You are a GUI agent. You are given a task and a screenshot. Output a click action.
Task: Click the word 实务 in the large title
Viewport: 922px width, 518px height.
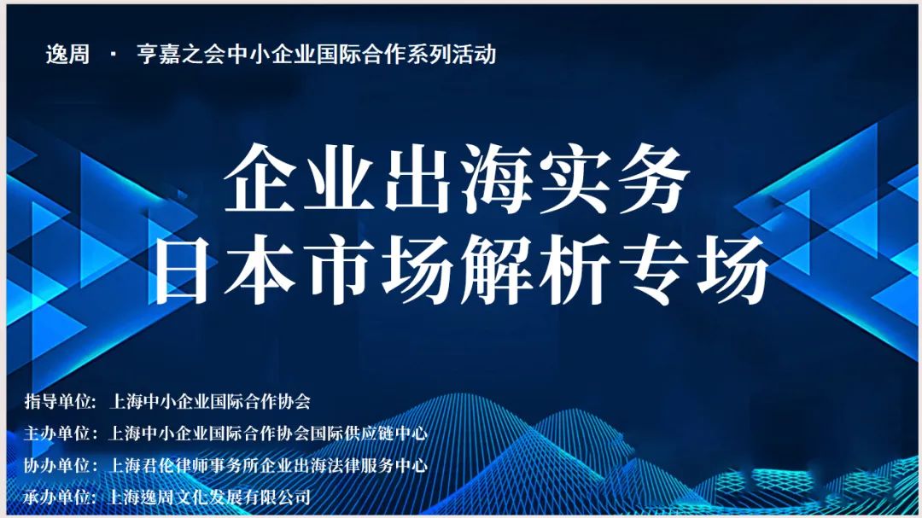pyautogui.click(x=614, y=178)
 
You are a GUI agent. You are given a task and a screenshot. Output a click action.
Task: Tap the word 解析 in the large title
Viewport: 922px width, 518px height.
pyautogui.click(x=536, y=270)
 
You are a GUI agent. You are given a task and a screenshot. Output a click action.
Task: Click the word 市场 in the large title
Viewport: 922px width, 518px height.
pyautogui.click(x=379, y=270)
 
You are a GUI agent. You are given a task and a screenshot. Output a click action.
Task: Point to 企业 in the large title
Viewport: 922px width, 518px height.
pyautogui.click(x=299, y=178)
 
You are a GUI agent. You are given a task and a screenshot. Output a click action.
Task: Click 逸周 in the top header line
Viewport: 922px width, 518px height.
pyautogui.click(x=67, y=55)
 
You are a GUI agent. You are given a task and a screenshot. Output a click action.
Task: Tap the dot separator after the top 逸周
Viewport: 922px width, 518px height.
pyautogui.click(x=113, y=55)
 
